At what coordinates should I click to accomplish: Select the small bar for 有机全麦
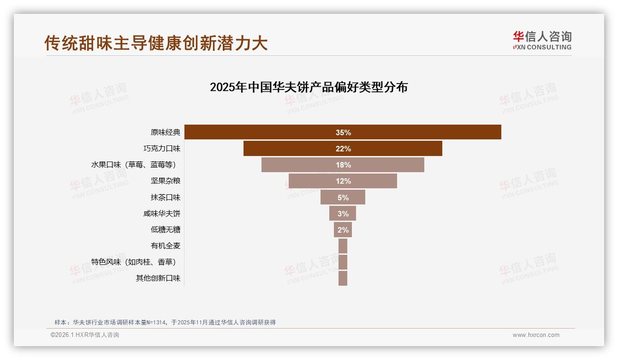click(343, 246)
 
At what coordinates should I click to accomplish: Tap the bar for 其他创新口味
click(343, 278)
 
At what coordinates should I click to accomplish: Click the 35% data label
click(343, 132)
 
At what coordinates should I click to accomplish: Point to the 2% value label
click(343, 230)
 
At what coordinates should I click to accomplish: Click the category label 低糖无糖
click(165, 230)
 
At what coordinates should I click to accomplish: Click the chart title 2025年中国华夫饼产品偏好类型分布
click(309, 87)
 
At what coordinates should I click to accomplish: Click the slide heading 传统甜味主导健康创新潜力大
click(156, 43)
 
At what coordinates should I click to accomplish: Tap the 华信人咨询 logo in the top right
click(542, 40)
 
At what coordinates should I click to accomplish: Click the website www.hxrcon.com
click(536, 335)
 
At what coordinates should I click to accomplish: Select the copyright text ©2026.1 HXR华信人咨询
click(85, 335)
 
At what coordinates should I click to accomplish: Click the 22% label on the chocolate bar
click(343, 149)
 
